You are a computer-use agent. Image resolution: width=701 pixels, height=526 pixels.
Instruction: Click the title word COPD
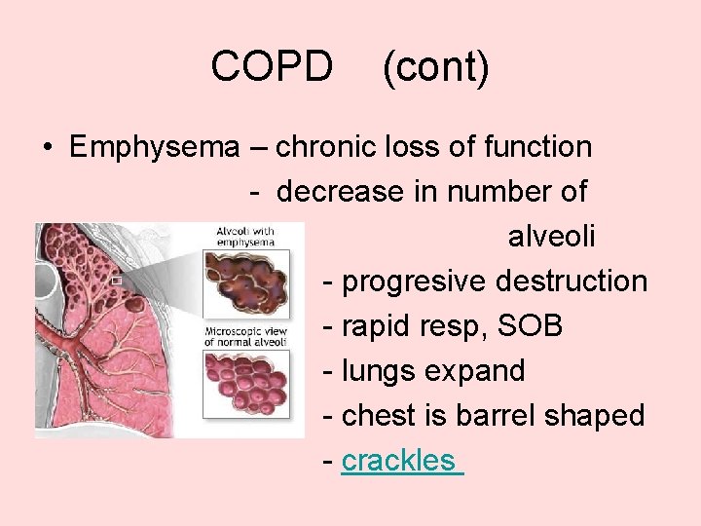[x=272, y=67]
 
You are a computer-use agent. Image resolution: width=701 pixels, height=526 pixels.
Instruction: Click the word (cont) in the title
[x=435, y=67]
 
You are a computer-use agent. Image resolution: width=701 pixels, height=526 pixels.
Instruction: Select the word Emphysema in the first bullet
[x=154, y=148]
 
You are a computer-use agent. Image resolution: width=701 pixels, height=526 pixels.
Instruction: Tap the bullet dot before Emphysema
[x=47, y=149]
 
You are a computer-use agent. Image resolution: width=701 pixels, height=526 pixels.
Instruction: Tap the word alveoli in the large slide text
[x=551, y=237]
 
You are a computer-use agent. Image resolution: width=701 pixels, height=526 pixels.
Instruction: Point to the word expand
[x=482, y=371]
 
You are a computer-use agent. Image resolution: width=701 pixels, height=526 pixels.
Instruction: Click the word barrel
[x=522, y=416]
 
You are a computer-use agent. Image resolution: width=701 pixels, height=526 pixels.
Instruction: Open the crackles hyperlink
[x=399, y=461]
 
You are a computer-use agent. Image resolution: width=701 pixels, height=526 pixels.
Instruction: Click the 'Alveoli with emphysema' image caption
[x=245, y=237]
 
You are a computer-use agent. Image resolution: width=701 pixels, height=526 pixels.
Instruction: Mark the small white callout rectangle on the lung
[x=116, y=281]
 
